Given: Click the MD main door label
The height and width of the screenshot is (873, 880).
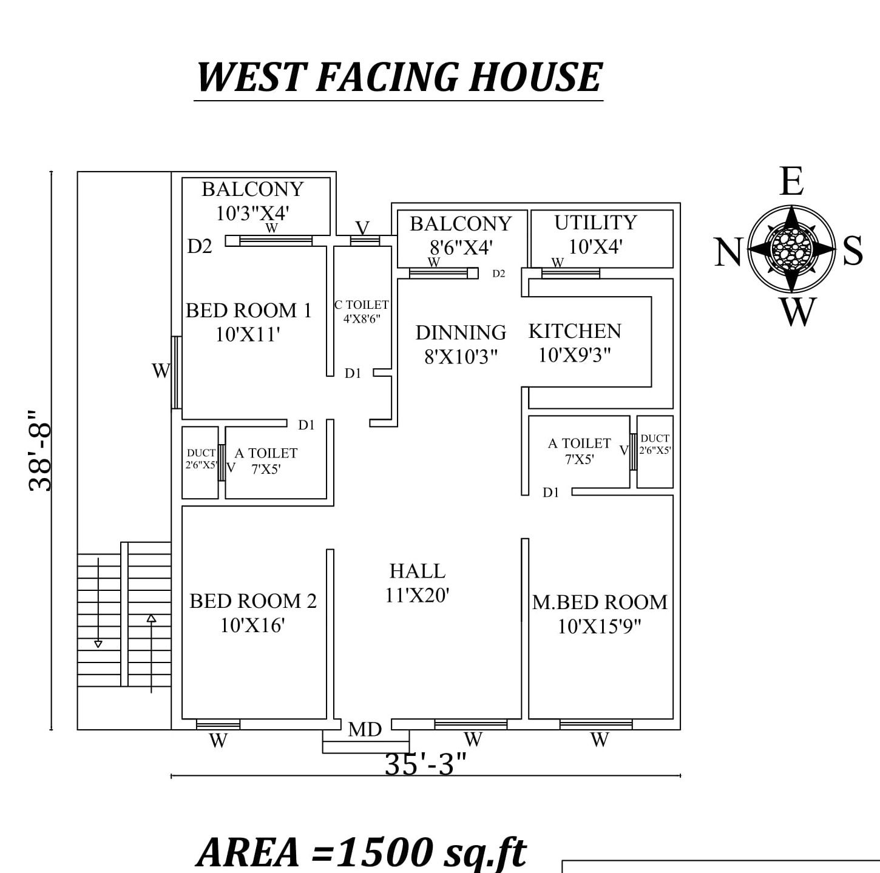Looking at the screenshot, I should pos(365,729).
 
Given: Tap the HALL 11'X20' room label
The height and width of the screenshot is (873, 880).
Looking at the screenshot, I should pos(418,583).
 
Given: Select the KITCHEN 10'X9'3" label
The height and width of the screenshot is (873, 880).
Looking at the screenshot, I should pos(575,343).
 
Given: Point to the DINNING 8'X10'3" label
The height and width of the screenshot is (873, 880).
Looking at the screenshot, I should pos(461,344).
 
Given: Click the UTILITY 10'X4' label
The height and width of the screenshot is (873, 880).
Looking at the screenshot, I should pos(595,234).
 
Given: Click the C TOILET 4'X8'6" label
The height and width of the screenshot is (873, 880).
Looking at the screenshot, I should pos(362,311).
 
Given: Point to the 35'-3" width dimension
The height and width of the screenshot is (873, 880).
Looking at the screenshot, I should pos(425,764).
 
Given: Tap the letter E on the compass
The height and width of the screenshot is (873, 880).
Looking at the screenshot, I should pos(791,181).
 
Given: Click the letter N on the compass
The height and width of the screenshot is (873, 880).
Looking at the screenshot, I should pos(728,252).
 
